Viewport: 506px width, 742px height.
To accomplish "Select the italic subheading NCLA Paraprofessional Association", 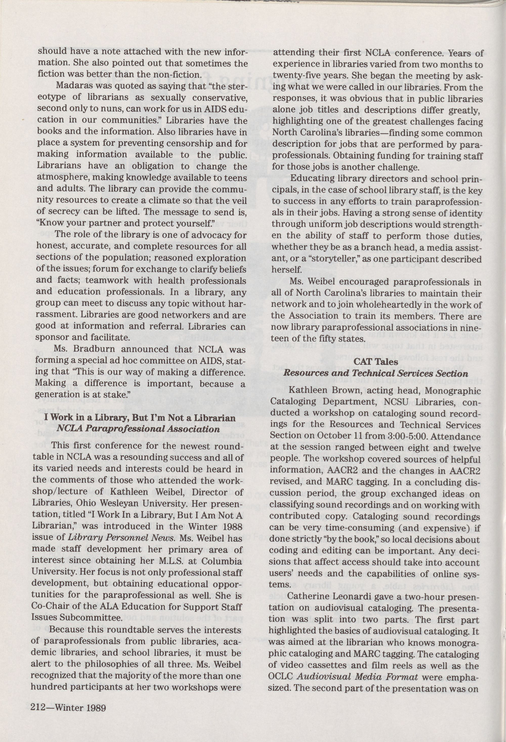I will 138,429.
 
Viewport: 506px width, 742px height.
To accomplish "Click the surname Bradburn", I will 90,349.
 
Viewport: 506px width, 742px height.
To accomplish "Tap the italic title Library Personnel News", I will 121,538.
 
